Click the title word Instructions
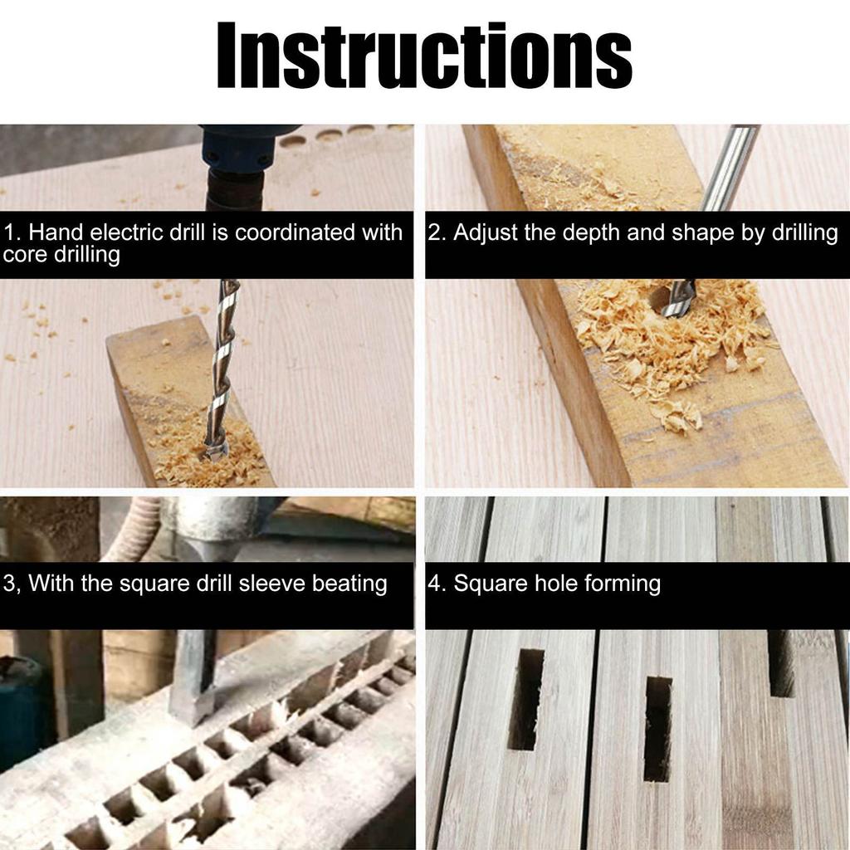tap(424, 56)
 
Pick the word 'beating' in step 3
tap(349, 584)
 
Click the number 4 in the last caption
tap(433, 584)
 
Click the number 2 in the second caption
tap(434, 232)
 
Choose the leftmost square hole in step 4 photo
tap(525, 697)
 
